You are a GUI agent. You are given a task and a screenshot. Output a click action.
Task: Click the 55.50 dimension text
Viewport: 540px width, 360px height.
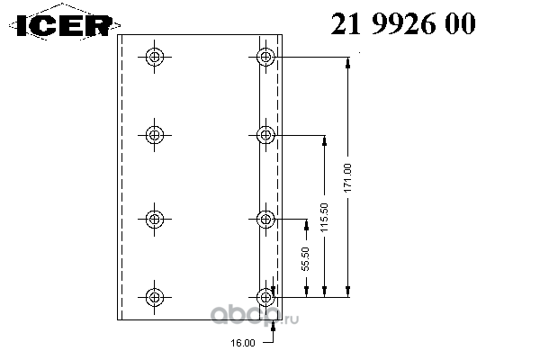coord(305,259)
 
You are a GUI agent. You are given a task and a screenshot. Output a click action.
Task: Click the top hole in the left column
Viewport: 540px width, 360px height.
coord(156,58)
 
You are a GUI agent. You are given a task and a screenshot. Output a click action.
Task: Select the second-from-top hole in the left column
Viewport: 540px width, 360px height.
coord(156,136)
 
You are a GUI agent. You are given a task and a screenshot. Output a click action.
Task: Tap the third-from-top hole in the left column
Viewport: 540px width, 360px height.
coord(156,218)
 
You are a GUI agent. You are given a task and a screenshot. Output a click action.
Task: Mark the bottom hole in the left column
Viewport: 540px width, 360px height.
coord(156,296)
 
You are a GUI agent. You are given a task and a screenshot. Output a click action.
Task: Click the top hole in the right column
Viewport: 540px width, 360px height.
coord(265,58)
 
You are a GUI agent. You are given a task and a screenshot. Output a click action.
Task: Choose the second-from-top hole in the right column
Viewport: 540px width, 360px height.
coord(265,136)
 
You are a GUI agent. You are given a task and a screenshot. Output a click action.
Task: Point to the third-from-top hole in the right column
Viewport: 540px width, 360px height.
coord(265,218)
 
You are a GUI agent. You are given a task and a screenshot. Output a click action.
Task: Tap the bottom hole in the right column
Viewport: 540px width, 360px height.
coord(265,296)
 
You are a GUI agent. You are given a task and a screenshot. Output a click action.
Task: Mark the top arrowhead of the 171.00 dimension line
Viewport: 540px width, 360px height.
coord(347,63)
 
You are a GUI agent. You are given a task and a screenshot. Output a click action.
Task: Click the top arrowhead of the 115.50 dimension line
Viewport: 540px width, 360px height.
coord(324,141)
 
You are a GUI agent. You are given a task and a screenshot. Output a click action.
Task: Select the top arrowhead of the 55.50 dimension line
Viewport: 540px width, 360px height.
coord(305,223)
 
